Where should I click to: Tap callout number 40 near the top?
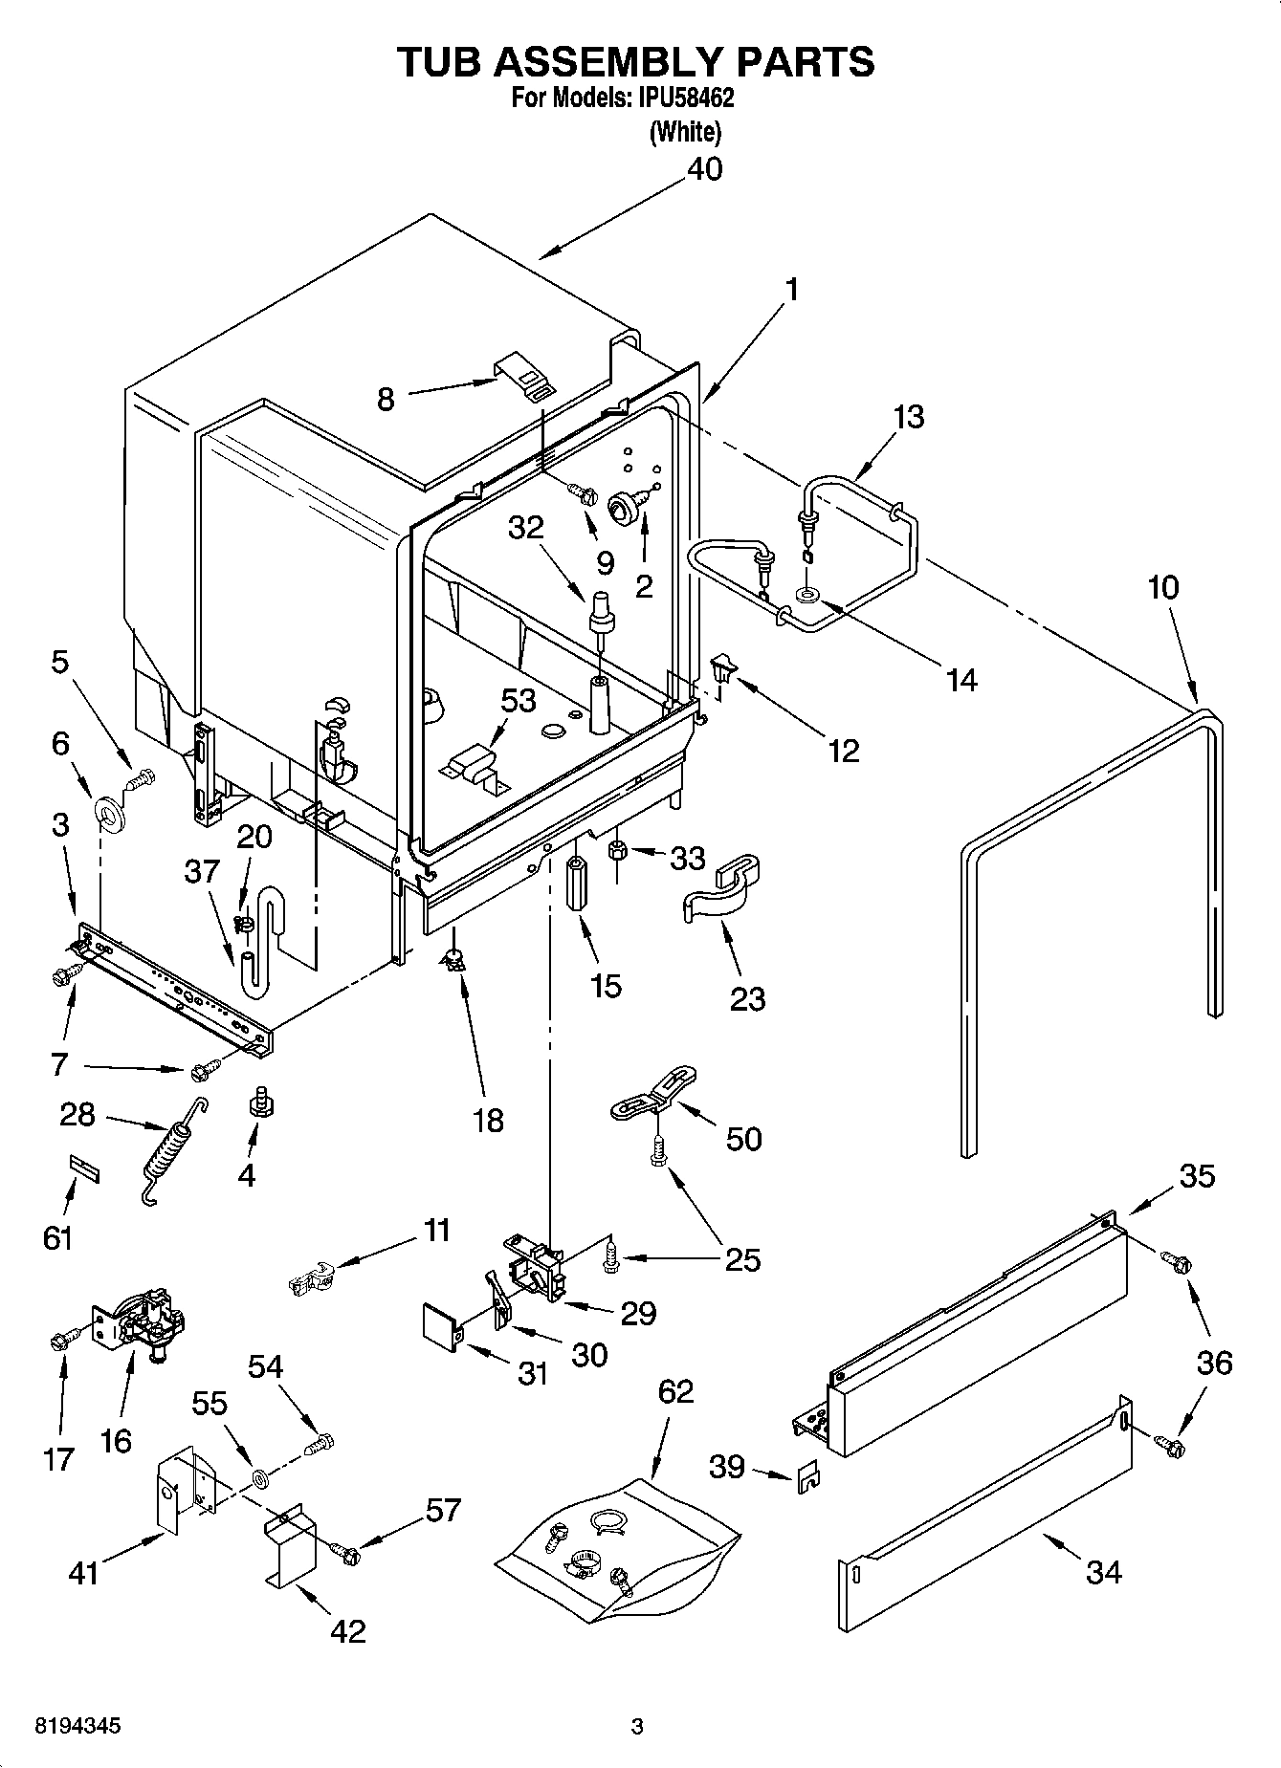pyautogui.click(x=705, y=169)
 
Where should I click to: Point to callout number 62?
pyautogui.click(x=675, y=1391)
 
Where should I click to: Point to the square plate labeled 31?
pyautogui.click(x=441, y=1327)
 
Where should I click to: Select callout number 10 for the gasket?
pyautogui.click(x=1163, y=587)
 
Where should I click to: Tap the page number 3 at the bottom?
pyautogui.click(x=637, y=1727)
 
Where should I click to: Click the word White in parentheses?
pyautogui.click(x=685, y=132)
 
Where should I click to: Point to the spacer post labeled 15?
pyautogui.click(x=577, y=886)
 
